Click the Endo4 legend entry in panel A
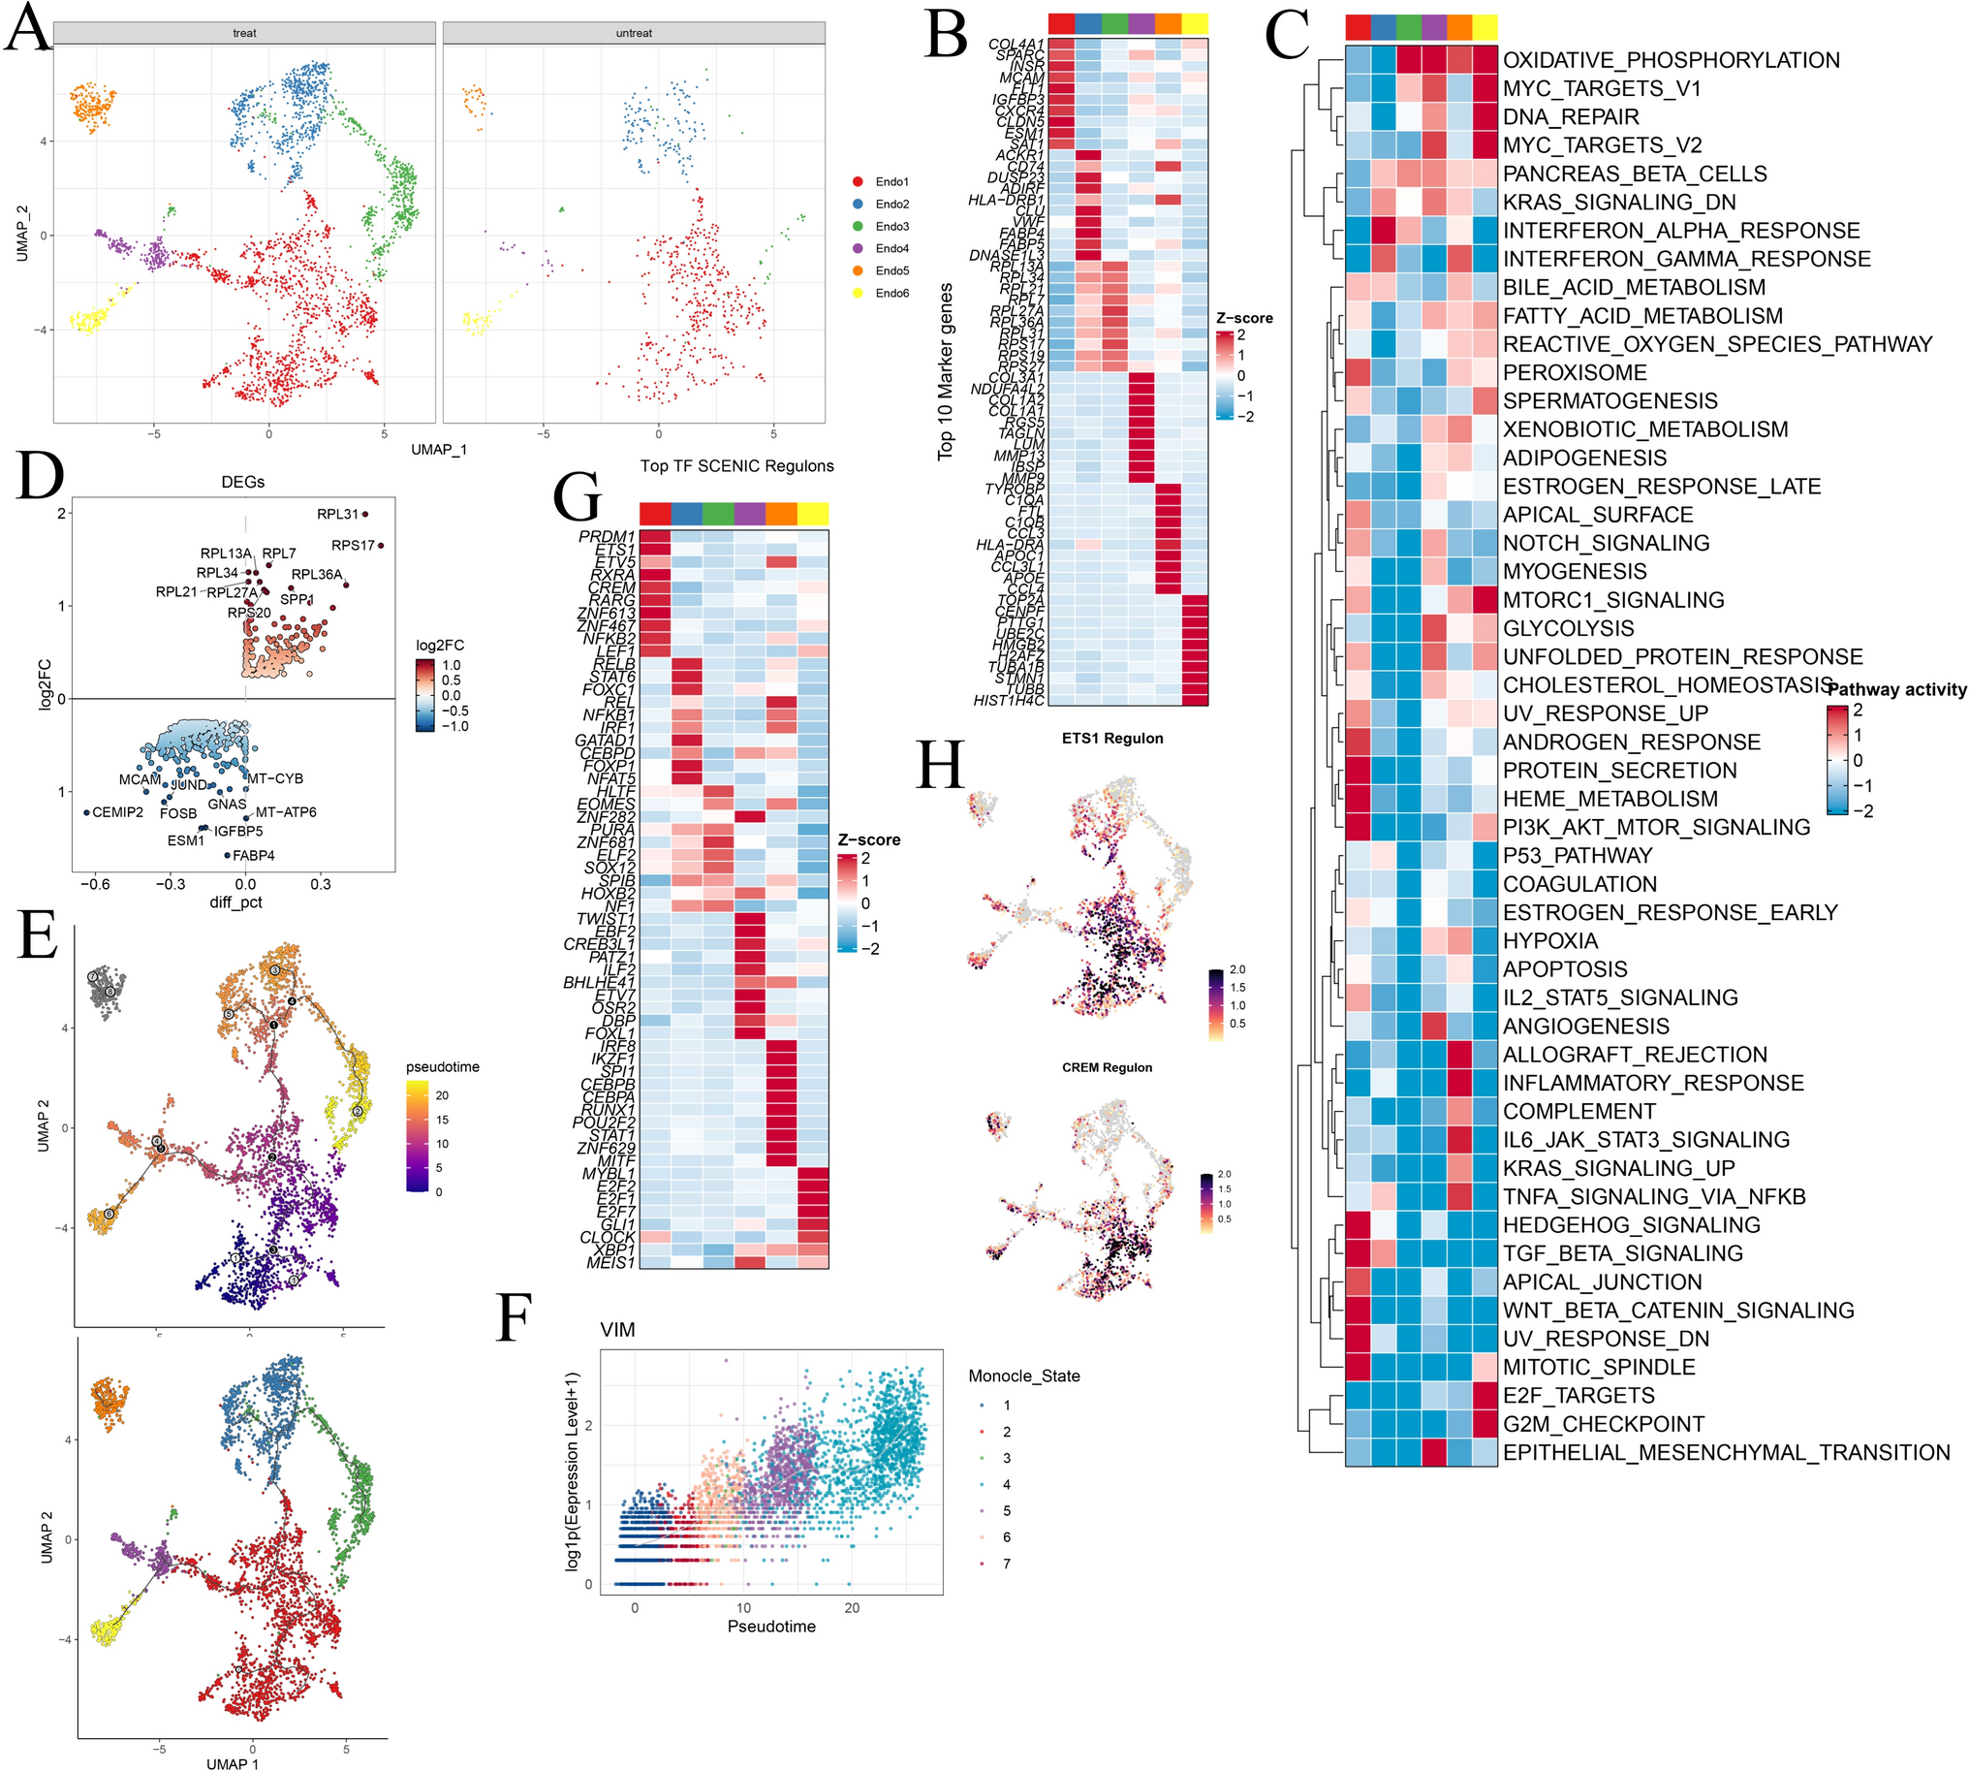point(891,248)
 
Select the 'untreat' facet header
point(634,33)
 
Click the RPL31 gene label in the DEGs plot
point(337,514)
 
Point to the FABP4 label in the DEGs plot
point(253,855)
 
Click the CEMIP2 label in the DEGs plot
point(117,811)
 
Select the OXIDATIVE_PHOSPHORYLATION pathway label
point(1671,60)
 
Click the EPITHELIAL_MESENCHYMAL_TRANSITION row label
point(1726,1453)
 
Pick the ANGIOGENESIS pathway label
point(1585,1027)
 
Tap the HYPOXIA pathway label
point(1549,941)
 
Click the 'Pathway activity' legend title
point(1896,690)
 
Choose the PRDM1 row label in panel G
point(606,537)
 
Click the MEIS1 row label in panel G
point(609,1263)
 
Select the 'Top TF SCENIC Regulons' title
point(736,466)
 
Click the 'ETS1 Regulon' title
point(1112,739)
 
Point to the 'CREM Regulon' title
point(1106,1067)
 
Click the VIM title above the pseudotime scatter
point(618,1329)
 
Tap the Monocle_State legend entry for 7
point(1006,1564)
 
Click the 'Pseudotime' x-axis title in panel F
point(770,1626)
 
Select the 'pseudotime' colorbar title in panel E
point(443,1066)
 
